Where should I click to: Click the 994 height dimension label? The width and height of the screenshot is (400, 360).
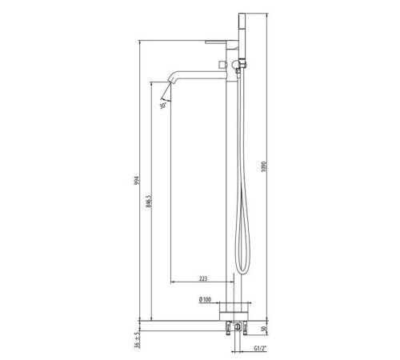(137, 180)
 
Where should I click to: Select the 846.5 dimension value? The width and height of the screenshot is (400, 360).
(149, 201)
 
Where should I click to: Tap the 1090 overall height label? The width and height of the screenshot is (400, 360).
(264, 166)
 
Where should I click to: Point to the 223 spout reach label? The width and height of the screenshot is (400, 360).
(203, 278)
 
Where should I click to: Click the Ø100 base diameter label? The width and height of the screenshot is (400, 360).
(205, 299)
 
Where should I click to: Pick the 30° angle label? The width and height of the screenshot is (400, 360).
(163, 106)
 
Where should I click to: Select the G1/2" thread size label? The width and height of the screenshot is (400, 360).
(260, 348)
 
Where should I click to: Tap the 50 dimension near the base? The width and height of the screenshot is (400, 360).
(264, 329)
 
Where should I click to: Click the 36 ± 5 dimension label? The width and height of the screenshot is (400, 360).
(137, 340)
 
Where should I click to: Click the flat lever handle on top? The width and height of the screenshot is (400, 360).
(221, 42)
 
